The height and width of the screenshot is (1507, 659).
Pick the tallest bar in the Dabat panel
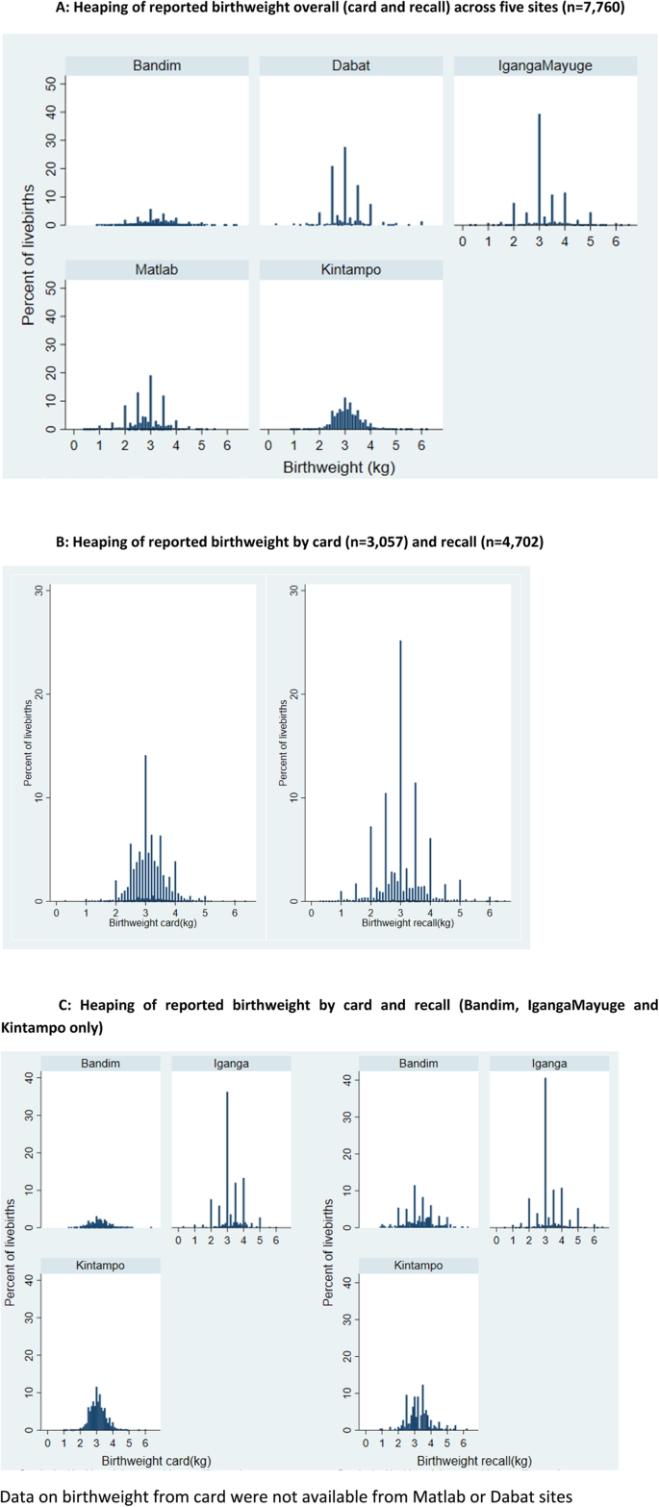coord(344,186)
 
